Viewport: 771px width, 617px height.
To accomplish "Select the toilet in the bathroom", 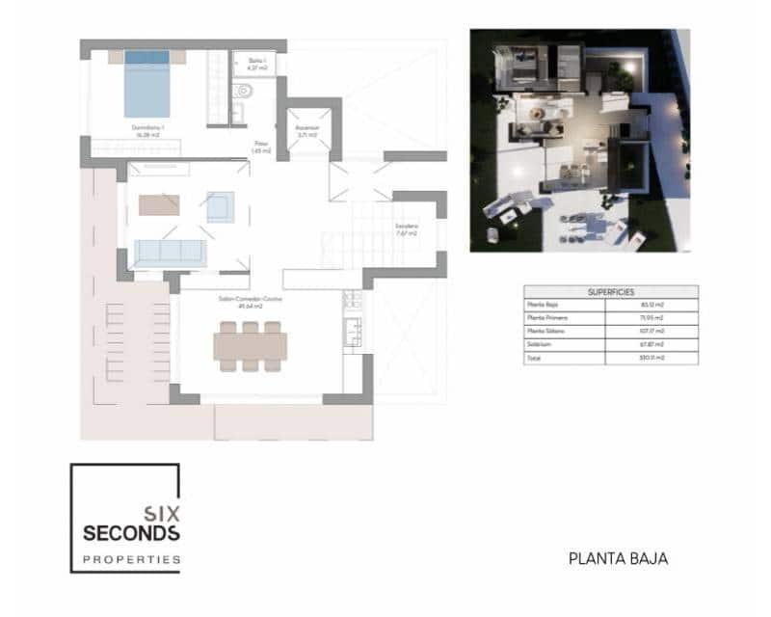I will pos(243,94).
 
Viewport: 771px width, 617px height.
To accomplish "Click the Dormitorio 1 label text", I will pos(147,130).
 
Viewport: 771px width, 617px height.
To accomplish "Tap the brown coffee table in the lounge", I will pos(159,204).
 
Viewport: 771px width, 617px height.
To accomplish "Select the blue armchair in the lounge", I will pos(220,206).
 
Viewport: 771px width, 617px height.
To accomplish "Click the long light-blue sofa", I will pos(170,253).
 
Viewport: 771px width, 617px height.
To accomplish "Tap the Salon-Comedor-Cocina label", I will pos(251,301).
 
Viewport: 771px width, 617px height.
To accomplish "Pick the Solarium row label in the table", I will pos(538,344).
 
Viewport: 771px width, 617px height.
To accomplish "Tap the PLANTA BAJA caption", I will pos(618,557).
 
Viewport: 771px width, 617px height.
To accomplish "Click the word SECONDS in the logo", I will pos(131,533).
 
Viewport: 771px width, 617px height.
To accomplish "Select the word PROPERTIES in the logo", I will pos(131,559).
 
